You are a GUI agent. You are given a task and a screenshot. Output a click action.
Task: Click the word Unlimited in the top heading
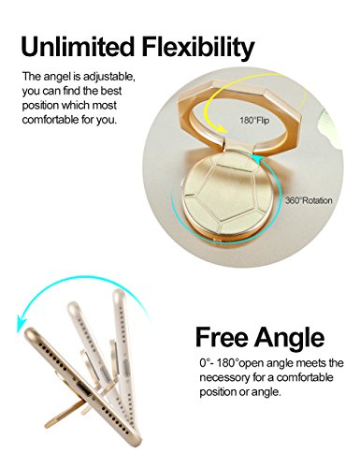[x=78, y=47]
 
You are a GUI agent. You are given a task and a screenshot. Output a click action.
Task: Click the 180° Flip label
[x=254, y=121]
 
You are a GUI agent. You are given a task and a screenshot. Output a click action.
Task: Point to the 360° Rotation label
[x=309, y=200]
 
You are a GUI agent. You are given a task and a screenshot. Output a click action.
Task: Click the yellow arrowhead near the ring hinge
[x=222, y=128]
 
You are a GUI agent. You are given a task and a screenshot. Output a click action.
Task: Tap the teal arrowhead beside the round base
[x=258, y=158]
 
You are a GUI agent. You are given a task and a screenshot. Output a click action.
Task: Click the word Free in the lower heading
[x=223, y=337]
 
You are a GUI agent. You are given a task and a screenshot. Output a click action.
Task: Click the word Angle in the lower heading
[x=290, y=339]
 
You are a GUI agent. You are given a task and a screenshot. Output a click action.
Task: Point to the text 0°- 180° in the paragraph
[x=221, y=363]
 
